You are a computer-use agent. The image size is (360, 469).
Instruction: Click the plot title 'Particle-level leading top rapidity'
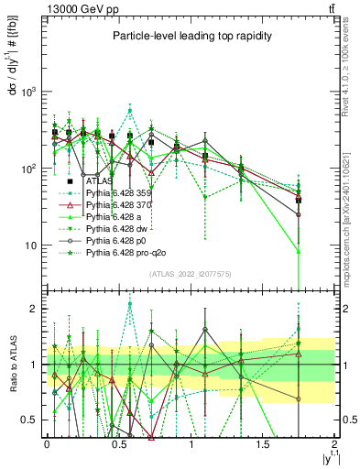pyautogui.click(x=188, y=36)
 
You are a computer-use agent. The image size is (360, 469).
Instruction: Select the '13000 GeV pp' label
pyautogui.click(x=75, y=9)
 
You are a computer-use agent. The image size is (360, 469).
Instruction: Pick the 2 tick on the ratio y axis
pyautogui.click(x=35, y=309)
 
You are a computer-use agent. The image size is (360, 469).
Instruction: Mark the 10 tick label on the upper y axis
pyautogui.click(x=30, y=245)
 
